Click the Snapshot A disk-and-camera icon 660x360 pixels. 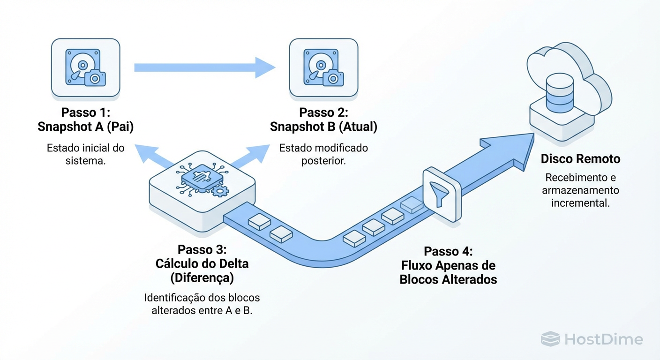pyautogui.click(x=86, y=68)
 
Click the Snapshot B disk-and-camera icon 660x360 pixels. pyautogui.click(x=323, y=68)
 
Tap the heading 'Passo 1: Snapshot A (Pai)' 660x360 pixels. pyautogui.click(x=85, y=120)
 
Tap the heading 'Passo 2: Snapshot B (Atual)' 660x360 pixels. pyautogui.click(x=323, y=120)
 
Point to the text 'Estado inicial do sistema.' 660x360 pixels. pyautogui.click(x=85, y=154)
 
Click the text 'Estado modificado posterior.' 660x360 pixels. pyautogui.click(x=323, y=154)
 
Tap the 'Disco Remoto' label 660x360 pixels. pyautogui.click(x=580, y=159)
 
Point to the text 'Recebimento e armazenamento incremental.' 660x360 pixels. pyautogui.click(x=580, y=191)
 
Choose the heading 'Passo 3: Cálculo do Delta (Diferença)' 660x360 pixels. pyautogui.click(x=202, y=263)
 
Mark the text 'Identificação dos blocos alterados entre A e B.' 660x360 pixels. pyautogui.click(x=202, y=304)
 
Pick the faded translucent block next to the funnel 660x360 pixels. pyautogui.click(x=411, y=205)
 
